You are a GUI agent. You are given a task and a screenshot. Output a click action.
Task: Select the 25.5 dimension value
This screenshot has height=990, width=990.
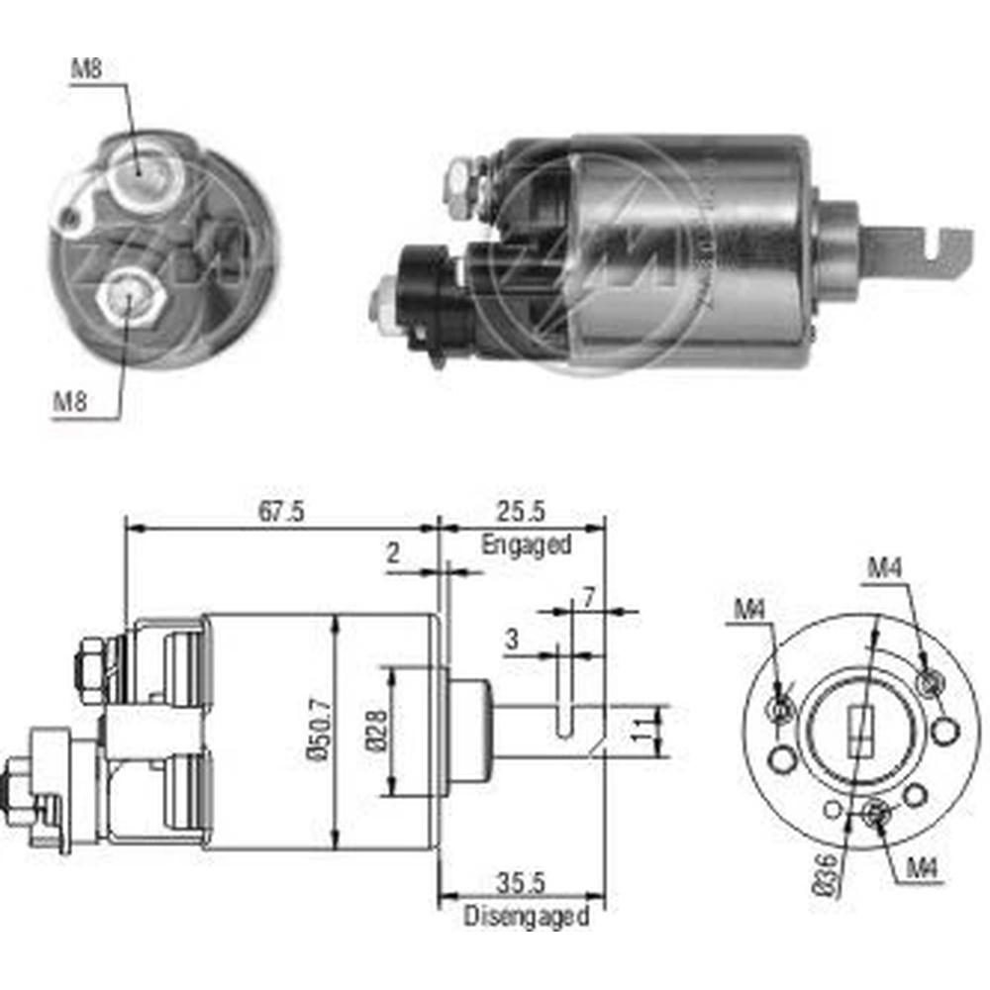tap(524, 512)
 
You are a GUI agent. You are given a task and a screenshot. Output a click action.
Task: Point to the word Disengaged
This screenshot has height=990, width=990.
tap(526, 916)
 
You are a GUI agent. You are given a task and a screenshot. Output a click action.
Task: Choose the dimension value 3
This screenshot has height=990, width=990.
tap(511, 640)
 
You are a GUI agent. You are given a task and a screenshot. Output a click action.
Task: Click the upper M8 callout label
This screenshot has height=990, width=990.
tap(86, 69)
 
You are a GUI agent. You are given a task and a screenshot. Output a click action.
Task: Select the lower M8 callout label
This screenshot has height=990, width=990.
tap(68, 402)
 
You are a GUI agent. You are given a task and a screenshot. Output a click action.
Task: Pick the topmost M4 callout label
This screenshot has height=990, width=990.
tap(884, 567)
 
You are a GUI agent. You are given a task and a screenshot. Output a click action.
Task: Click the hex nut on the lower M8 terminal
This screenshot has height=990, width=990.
tap(126, 296)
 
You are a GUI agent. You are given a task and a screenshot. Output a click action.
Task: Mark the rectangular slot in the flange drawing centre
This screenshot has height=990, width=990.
tap(859, 730)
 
